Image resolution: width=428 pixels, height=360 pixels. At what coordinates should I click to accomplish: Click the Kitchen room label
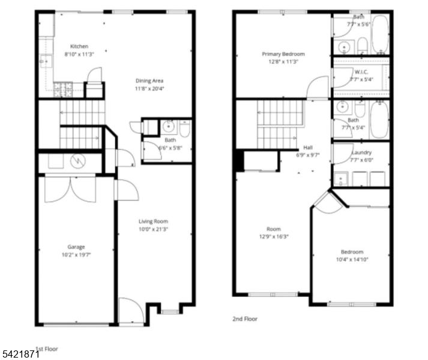coord(79,46)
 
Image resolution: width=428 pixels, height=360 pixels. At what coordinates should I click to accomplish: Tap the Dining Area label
coord(149,80)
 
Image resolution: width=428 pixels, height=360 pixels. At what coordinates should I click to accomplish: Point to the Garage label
coord(76,247)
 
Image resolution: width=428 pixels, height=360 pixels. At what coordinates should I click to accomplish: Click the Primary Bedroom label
coord(283,54)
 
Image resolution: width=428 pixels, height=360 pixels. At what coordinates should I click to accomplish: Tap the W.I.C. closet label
coord(361,72)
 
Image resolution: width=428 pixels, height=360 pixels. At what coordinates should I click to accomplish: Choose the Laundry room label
coord(361,152)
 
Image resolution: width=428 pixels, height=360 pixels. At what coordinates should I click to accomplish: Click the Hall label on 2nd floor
coord(308,147)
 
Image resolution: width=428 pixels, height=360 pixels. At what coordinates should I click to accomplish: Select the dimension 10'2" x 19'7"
coord(76,254)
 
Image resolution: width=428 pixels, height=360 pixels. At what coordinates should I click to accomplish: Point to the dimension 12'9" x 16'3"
coord(274,236)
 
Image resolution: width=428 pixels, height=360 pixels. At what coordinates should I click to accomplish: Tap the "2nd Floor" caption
coord(245,319)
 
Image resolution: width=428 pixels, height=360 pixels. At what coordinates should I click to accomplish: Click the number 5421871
coord(20,355)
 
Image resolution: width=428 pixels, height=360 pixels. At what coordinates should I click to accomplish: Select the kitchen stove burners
coord(62,90)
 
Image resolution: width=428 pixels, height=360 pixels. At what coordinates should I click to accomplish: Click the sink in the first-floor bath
coord(170,127)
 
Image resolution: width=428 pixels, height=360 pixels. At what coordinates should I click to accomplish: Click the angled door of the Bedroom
coord(328,203)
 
